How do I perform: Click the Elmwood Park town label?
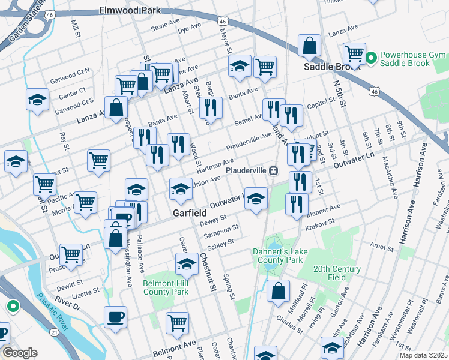click(x=130, y=10)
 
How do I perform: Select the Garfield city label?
click(x=190, y=213)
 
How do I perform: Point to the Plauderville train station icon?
click(x=273, y=170)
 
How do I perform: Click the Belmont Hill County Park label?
click(x=166, y=287)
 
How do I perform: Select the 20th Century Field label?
click(x=337, y=274)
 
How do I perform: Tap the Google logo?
click(x=20, y=353)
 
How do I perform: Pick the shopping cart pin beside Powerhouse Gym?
click(x=354, y=53)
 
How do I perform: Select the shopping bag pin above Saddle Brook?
click(x=310, y=45)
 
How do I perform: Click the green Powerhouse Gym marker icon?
click(x=371, y=58)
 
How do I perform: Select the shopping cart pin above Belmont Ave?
click(x=178, y=323)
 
